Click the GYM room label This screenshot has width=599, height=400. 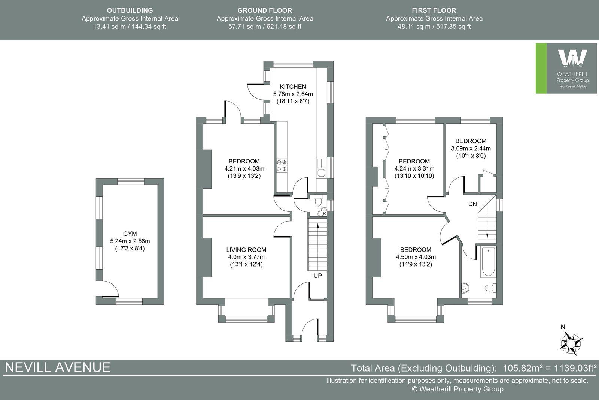[x=130, y=234]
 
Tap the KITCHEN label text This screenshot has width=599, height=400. [x=293, y=87]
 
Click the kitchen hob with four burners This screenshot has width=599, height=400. [x=282, y=165]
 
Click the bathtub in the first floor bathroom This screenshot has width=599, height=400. [x=488, y=261]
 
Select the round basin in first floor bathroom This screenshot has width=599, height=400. [x=465, y=288]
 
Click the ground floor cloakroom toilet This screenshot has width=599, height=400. [x=318, y=201]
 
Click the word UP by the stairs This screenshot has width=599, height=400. [x=317, y=276]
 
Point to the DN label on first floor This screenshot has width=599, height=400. [x=472, y=204]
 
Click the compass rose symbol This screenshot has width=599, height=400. [x=571, y=343]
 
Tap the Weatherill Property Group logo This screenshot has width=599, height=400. [x=566, y=68]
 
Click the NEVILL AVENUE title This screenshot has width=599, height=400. [x=58, y=367]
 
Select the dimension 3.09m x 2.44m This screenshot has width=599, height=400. [x=471, y=148]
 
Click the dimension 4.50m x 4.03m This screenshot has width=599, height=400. [x=416, y=257]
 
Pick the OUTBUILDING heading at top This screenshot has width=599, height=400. [x=130, y=10]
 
